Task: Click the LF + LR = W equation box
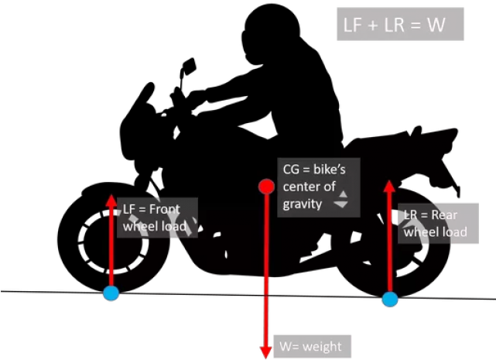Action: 399,26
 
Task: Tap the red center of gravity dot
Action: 266,187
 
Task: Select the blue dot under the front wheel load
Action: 111,293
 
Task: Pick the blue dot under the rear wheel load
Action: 389,299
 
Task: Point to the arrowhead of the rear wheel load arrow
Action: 389,187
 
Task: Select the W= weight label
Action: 308,345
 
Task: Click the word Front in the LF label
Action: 164,209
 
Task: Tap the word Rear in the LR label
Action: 444,215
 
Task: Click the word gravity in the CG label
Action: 303,204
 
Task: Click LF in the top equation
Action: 353,26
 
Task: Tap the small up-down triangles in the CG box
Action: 340,200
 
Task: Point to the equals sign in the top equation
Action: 414,26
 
